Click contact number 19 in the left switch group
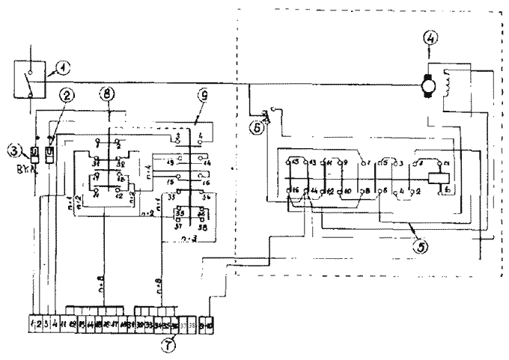tap(171, 162)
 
